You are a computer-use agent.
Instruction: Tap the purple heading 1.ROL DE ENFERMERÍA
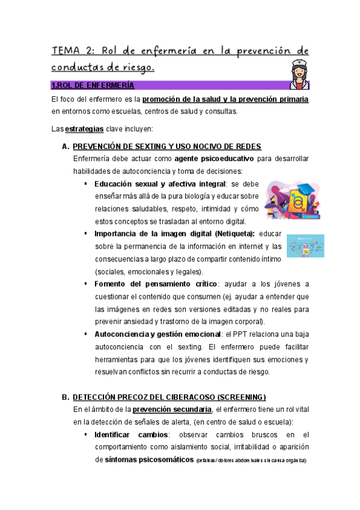(x=93, y=85)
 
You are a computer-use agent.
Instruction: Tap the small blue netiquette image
(x=305, y=246)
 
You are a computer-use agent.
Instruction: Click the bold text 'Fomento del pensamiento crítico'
(x=155, y=284)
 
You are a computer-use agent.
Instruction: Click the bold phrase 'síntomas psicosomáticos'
(x=144, y=460)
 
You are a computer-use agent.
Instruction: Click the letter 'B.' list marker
(x=66, y=398)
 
